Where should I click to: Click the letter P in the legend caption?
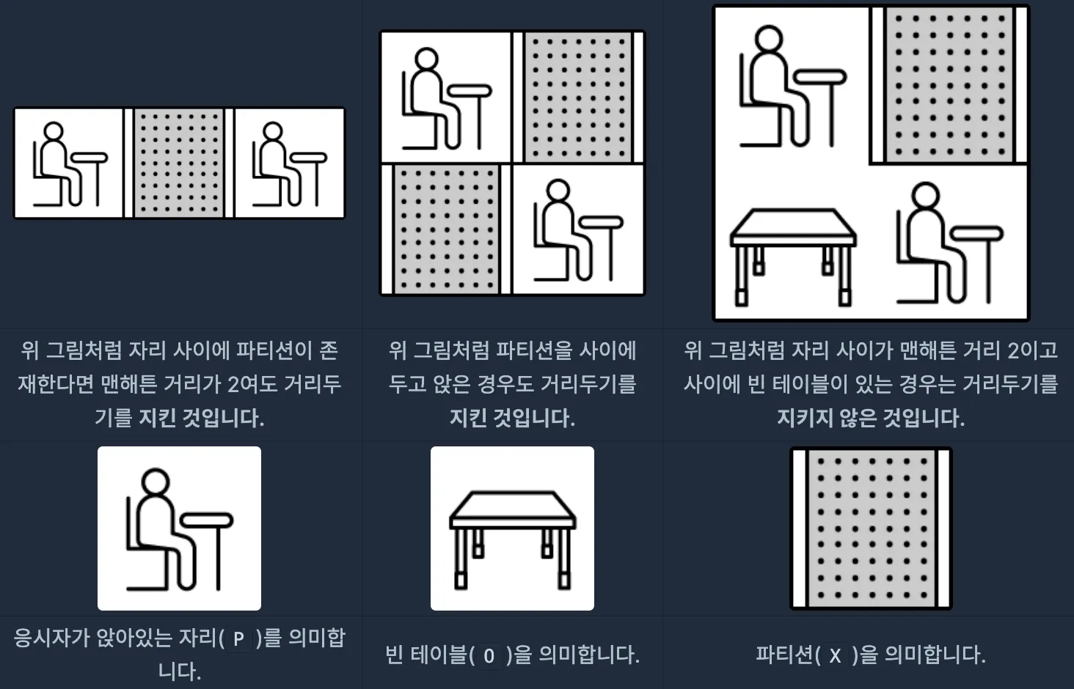click(238, 638)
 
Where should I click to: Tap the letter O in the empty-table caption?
click(489, 655)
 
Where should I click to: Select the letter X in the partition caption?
click(835, 655)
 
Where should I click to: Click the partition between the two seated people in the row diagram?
click(179, 163)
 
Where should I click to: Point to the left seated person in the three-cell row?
click(70, 164)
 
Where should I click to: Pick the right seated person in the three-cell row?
click(290, 164)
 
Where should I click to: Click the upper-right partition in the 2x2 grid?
click(578, 97)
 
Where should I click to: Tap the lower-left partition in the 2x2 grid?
click(446, 229)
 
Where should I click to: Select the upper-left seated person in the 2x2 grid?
click(447, 99)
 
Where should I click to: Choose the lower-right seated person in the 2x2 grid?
click(578, 230)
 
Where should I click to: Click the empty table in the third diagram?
click(793, 257)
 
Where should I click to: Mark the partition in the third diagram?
click(949, 85)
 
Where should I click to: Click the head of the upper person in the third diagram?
click(769, 40)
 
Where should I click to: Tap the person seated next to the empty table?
click(950, 243)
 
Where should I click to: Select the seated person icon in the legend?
click(179, 529)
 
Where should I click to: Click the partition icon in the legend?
click(871, 528)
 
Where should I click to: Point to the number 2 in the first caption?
click(233, 384)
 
